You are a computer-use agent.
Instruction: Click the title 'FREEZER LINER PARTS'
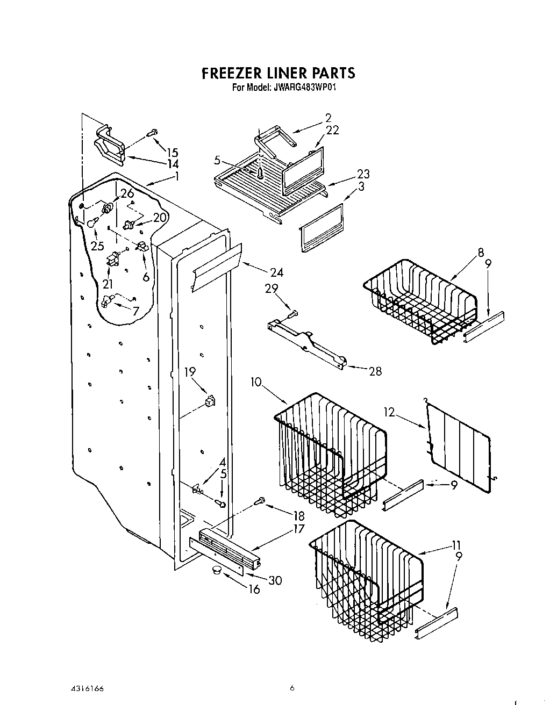[x=278, y=73]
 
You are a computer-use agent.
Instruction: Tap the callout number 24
[x=276, y=272]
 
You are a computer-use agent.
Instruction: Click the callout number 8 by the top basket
[x=480, y=251]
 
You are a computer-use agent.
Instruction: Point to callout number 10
[x=256, y=382]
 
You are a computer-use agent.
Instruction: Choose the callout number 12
[x=405, y=413]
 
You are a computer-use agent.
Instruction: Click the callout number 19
[x=190, y=372]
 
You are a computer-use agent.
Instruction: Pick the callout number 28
[x=375, y=370]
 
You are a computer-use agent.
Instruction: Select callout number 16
[x=254, y=589]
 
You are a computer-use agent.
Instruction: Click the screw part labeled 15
[x=153, y=132]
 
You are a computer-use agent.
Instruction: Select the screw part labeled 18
[x=261, y=500]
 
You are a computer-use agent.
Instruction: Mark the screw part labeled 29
[x=293, y=313]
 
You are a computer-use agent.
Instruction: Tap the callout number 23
[x=363, y=174]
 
